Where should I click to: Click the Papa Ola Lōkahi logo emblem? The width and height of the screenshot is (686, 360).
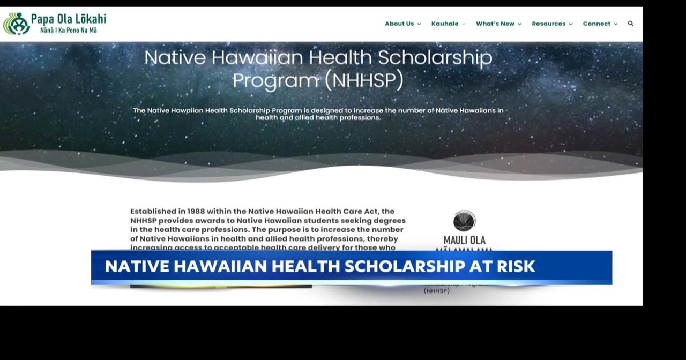[17, 24]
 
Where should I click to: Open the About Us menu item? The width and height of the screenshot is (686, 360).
[399, 24]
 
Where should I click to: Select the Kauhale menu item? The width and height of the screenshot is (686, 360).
[445, 24]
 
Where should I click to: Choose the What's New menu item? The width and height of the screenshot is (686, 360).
[495, 24]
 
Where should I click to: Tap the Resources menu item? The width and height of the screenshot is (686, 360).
[548, 24]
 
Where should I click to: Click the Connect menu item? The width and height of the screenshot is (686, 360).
[596, 24]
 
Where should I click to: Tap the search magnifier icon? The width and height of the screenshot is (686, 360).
[631, 24]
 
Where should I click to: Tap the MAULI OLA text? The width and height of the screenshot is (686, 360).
[464, 240]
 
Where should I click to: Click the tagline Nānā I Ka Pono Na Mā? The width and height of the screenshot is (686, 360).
[69, 31]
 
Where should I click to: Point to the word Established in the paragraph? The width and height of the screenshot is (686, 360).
[154, 212]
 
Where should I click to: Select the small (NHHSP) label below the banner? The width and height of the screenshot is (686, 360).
[437, 291]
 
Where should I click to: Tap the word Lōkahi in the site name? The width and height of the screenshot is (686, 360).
[88, 19]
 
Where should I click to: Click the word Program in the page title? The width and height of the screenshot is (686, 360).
[275, 80]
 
